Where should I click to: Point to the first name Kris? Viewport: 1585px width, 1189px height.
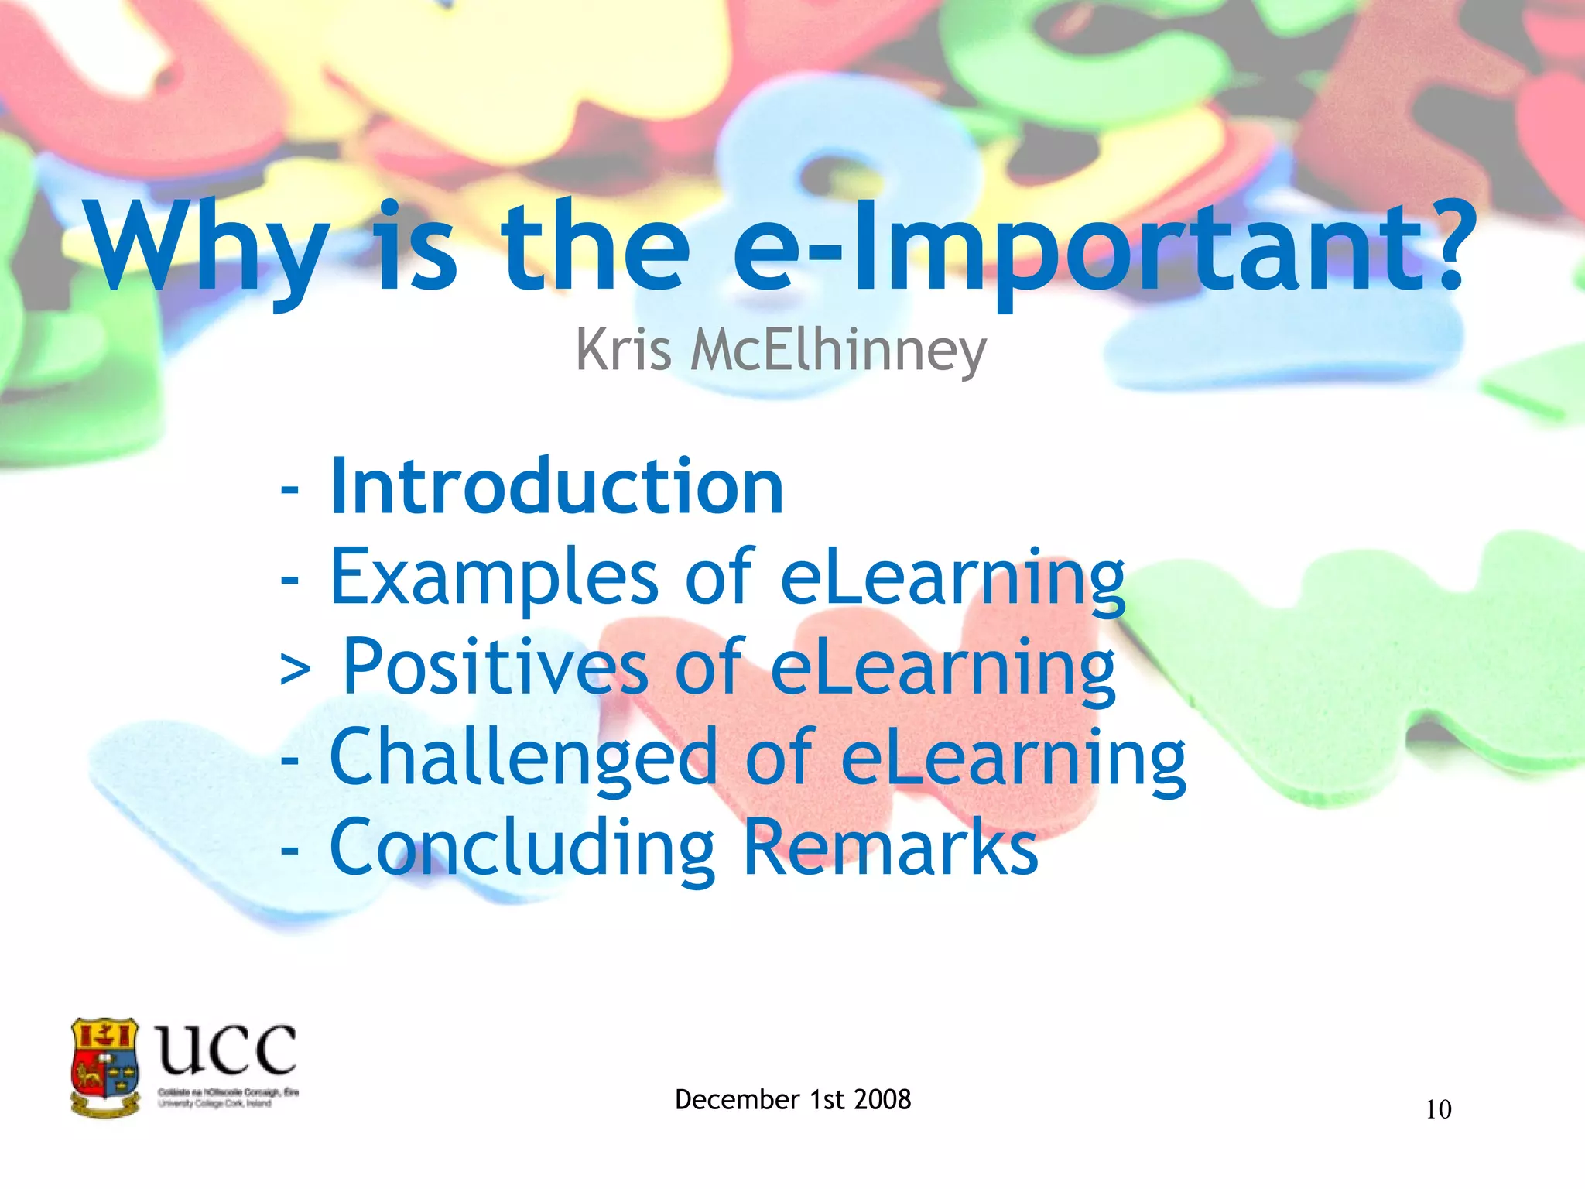pos(624,350)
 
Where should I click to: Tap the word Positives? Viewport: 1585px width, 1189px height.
pos(495,666)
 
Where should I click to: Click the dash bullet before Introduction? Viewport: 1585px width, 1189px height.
pos(289,489)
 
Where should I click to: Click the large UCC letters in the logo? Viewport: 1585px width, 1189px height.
pos(226,1050)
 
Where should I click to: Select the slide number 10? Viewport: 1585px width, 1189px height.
pos(1438,1110)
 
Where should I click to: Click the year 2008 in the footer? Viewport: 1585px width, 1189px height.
pos(882,1099)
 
